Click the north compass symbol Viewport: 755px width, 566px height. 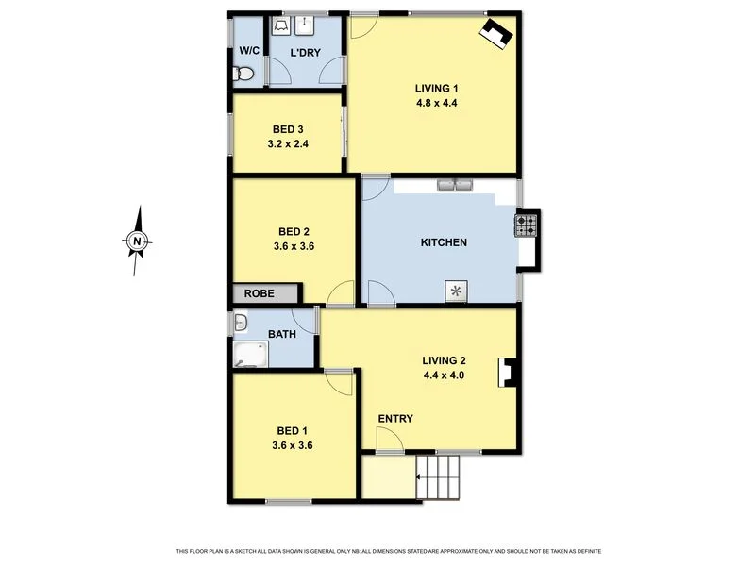(x=137, y=241)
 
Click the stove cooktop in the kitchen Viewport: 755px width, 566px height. (x=526, y=225)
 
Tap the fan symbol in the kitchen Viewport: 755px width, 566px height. (x=457, y=291)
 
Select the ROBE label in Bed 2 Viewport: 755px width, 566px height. (x=260, y=293)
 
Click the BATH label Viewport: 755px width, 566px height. (x=282, y=333)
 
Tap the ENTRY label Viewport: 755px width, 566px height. (x=395, y=419)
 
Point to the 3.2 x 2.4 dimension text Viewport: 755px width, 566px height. (x=288, y=145)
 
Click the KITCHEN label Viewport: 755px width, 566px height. (x=444, y=242)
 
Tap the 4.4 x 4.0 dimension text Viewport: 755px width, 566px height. (x=444, y=375)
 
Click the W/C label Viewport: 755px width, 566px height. (x=249, y=50)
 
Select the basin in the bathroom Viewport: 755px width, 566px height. (x=240, y=325)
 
